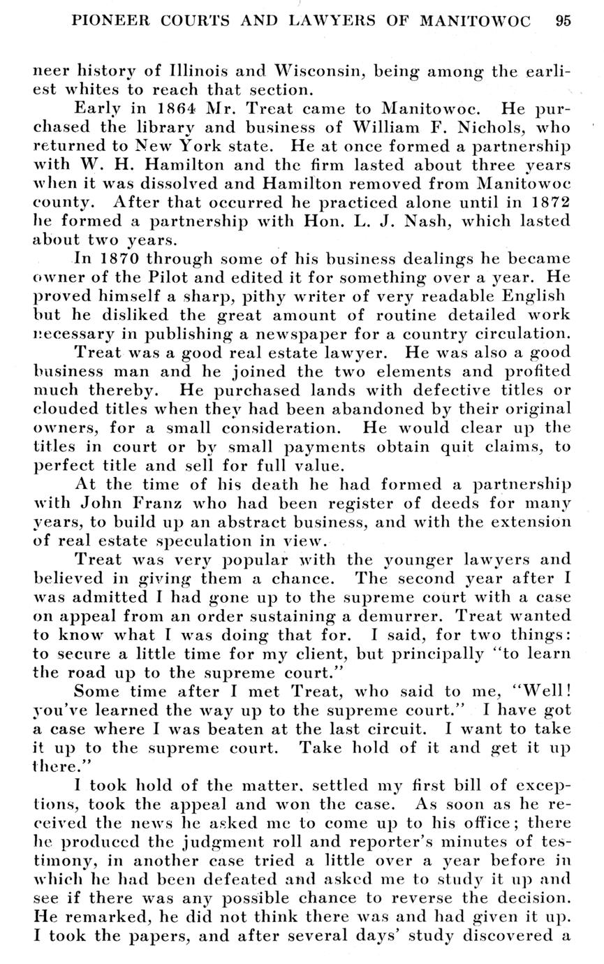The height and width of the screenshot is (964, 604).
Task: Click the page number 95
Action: pos(564,20)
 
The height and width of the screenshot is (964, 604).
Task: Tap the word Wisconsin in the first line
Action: pos(319,71)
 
